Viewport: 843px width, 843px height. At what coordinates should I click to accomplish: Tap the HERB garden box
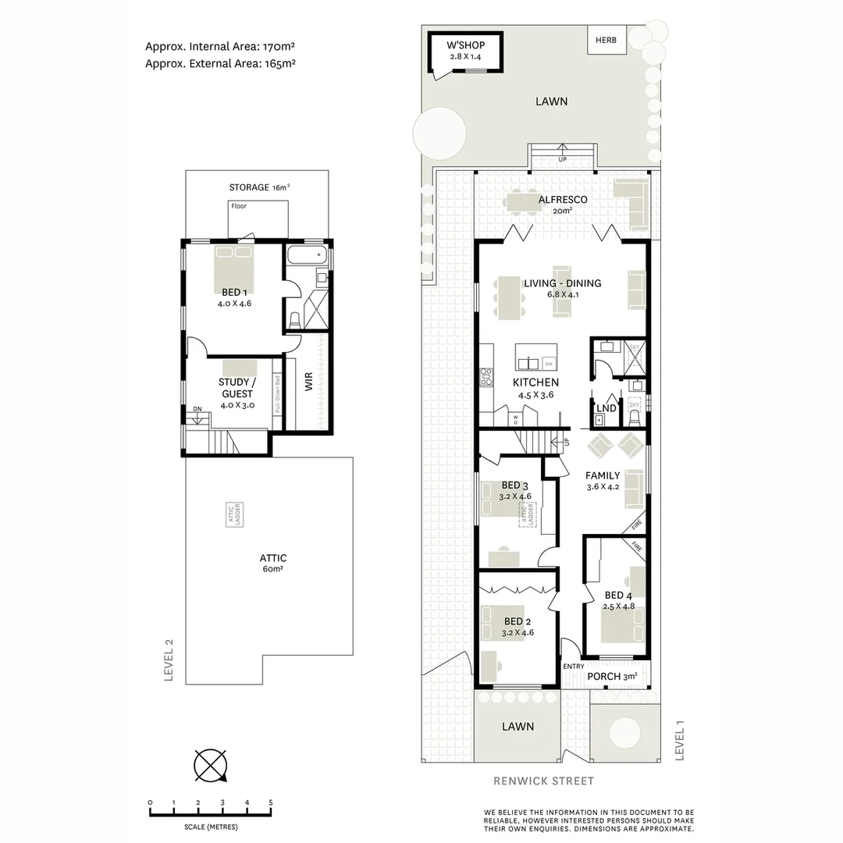pos(606,40)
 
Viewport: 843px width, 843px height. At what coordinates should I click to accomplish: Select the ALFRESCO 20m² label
pos(562,201)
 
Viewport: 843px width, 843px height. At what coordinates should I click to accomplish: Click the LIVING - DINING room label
pos(562,283)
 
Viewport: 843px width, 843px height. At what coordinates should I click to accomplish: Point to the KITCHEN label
pos(535,382)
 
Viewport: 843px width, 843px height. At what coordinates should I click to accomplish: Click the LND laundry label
pos(606,407)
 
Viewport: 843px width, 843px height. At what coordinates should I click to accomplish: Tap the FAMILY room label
pos(603,475)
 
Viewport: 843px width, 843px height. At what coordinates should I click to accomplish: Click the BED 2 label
pos(518,621)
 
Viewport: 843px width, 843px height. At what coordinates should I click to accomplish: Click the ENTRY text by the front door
pos(573,666)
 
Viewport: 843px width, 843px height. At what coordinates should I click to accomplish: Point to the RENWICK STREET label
pos(544,781)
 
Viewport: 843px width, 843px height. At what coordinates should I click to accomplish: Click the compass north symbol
pos(210,764)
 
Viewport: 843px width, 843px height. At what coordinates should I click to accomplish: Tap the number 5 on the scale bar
pos(271,802)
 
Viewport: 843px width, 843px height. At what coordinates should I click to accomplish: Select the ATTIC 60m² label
pos(272,558)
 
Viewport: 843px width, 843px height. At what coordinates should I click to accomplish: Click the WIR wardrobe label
pos(308,382)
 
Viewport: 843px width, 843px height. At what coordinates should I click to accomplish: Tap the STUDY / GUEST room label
pos(237,388)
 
